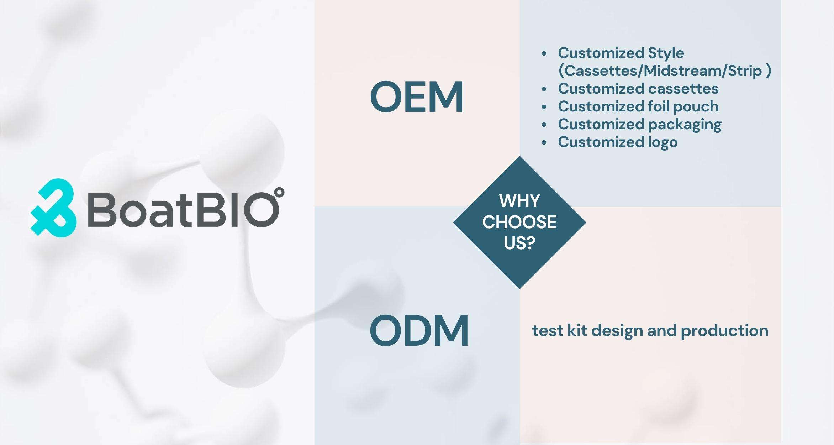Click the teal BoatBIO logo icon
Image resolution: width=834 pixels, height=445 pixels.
pos(53,207)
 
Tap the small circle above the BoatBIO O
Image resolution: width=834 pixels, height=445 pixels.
pos(280,192)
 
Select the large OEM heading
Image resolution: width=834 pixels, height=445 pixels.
pos(417,97)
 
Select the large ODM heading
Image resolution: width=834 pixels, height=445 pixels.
pos(419,331)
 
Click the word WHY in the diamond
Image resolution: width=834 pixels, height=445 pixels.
pos(519,201)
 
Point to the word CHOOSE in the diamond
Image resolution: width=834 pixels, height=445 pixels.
pos(519,222)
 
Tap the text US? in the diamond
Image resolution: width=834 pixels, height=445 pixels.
pos(519,243)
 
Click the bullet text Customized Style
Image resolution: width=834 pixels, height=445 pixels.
pos(621,53)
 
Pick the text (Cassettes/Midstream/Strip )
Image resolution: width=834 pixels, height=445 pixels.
pos(665,71)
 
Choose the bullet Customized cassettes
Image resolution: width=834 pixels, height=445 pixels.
pos(638,89)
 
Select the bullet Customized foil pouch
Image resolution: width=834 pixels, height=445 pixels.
pos(638,106)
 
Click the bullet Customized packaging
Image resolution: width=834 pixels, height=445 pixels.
pos(639,124)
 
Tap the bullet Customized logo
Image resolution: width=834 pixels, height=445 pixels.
pos(618,142)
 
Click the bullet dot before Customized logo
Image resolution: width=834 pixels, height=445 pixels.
pos(544,143)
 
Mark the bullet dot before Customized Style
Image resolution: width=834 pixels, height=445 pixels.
pos(544,54)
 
